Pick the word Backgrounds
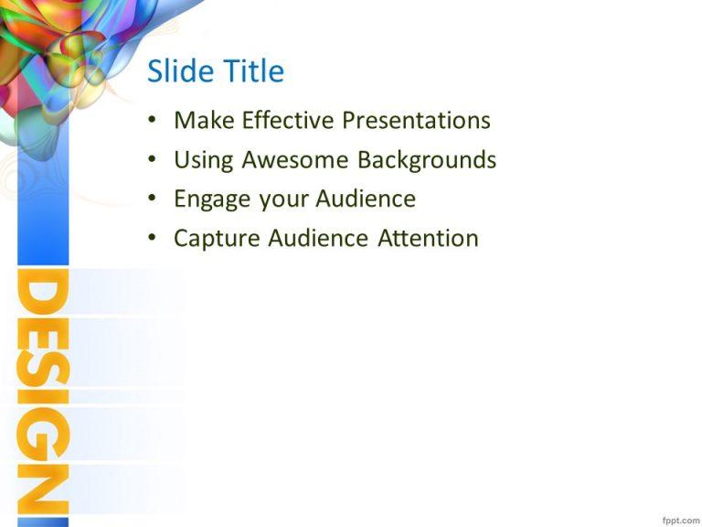pyautogui.click(x=427, y=160)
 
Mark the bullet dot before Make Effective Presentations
pyautogui.click(x=152, y=121)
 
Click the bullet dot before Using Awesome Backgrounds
pyautogui.click(x=152, y=161)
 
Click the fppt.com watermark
pyautogui.click(x=679, y=519)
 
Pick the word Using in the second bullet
pyautogui.click(x=203, y=161)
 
